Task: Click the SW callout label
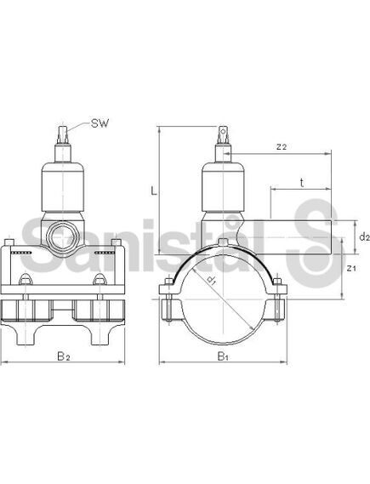tap(100, 124)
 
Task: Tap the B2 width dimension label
tap(64, 356)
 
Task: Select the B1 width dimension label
tap(223, 356)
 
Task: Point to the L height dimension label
tap(154, 191)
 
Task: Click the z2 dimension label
tap(282, 146)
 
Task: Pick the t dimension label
tap(302, 183)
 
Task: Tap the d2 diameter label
tap(364, 236)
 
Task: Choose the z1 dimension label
tap(351, 268)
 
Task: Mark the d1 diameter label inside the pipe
tap(212, 280)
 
